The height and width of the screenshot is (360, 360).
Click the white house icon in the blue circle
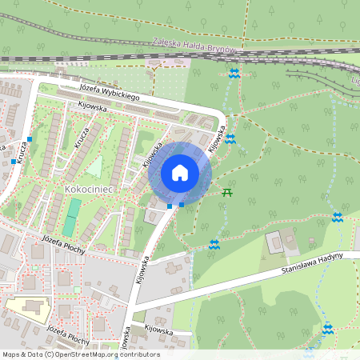(179, 171)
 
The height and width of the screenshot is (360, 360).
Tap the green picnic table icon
(228, 191)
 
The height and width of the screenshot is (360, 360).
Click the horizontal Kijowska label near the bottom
(159, 330)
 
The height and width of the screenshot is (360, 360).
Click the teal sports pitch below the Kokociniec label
(72, 212)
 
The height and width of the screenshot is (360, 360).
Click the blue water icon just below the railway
(234, 74)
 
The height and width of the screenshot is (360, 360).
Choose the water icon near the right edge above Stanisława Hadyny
(338, 218)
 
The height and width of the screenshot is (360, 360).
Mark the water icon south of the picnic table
(214, 244)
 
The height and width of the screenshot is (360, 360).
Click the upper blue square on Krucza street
(30, 139)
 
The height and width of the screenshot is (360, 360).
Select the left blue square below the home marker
(170, 206)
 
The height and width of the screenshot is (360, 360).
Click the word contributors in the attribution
(138, 354)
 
